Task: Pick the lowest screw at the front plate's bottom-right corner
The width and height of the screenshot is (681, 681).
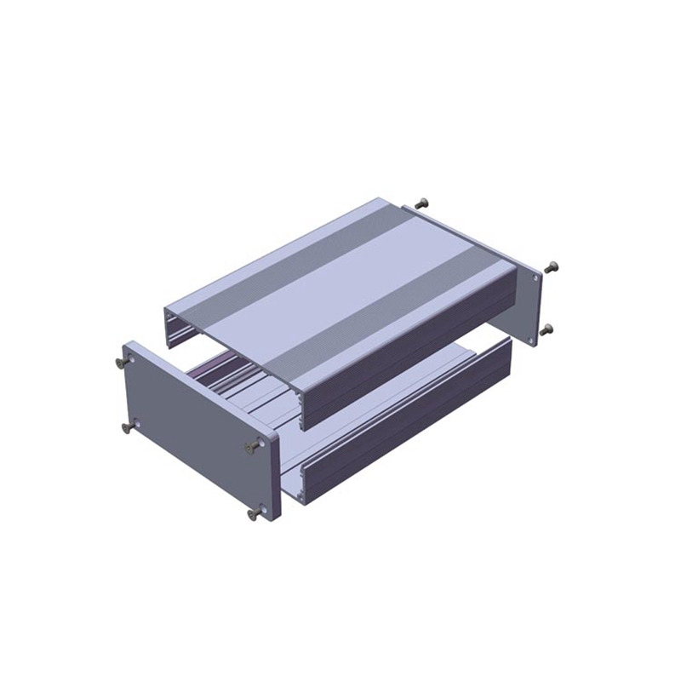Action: pos(255,514)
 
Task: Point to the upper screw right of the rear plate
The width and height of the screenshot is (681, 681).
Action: pos(551,266)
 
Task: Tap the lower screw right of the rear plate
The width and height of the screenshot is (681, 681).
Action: pos(547,329)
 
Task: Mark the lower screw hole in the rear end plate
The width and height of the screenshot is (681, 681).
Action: pos(532,339)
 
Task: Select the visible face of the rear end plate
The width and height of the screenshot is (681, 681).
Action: pos(529,306)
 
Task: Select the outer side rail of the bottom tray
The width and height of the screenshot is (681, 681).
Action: pos(400,426)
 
